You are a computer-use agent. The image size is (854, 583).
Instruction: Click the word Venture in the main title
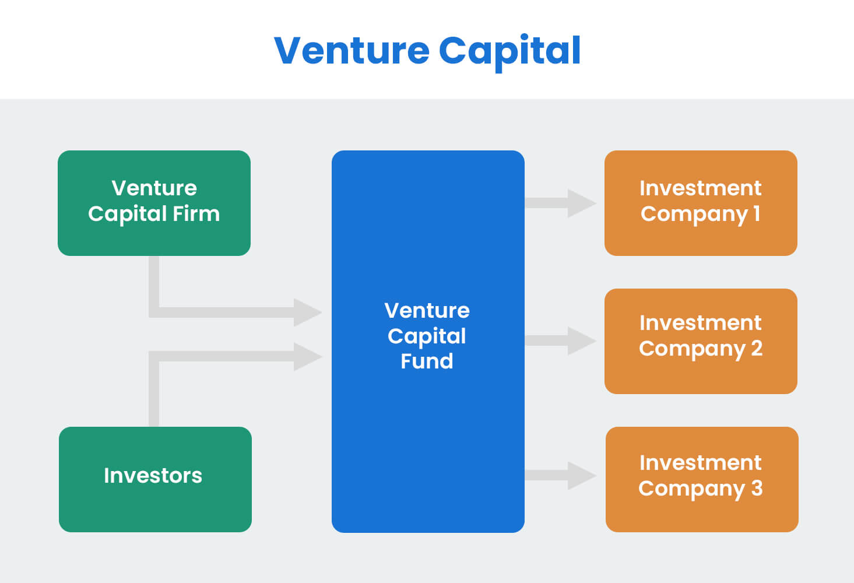point(352,51)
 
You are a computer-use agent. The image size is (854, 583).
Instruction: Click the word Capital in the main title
point(509,51)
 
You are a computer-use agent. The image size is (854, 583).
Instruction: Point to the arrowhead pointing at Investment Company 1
point(581,203)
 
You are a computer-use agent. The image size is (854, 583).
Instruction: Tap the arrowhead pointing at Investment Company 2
point(581,341)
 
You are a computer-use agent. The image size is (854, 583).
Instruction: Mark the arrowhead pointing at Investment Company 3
point(581,476)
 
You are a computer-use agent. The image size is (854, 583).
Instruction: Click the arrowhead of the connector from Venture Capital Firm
point(307,312)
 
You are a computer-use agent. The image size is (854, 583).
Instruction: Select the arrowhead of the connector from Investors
point(307,356)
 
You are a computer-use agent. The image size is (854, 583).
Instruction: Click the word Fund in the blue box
point(427,361)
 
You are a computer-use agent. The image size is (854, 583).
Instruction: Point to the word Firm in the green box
point(196,214)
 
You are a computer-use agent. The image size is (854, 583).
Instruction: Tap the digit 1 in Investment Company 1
point(757,214)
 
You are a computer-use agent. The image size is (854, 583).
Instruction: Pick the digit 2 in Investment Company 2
point(757,349)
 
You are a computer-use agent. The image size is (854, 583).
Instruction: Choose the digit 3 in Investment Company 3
point(757,489)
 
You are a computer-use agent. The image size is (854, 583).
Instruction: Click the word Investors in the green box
point(153,476)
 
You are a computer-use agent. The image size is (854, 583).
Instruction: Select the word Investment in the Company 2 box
point(700,323)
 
